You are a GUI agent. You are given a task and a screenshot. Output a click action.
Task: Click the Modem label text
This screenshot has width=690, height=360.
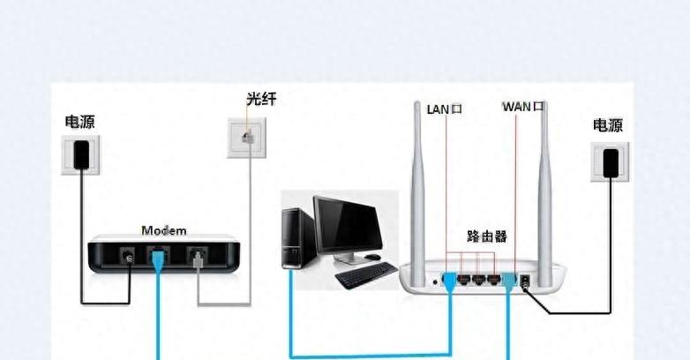(164, 230)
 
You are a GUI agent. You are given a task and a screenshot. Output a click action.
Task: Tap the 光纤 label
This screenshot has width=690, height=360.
(261, 99)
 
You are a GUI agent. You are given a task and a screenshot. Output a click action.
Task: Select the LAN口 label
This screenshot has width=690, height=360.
(445, 109)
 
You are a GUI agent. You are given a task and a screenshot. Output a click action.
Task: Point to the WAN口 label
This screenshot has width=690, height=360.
(523, 107)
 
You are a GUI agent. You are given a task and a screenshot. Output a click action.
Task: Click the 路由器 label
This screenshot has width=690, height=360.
(487, 236)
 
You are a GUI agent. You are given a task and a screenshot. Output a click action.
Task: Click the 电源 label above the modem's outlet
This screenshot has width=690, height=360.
(79, 122)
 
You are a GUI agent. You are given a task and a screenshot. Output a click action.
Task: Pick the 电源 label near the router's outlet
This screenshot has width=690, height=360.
(608, 125)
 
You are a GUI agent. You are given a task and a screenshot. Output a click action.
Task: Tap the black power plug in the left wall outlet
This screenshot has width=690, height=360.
(81, 154)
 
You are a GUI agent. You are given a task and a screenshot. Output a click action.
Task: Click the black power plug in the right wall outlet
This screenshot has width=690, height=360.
(611, 163)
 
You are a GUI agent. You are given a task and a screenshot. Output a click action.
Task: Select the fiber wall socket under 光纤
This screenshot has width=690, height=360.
(247, 138)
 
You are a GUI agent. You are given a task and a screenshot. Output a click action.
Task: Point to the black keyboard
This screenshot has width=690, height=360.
(366, 275)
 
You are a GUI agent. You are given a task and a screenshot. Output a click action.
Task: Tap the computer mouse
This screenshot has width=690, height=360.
(372, 257)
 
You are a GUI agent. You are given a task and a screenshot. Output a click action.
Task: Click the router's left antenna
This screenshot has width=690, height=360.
(417, 193)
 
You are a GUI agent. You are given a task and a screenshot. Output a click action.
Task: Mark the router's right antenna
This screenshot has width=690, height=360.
(544, 193)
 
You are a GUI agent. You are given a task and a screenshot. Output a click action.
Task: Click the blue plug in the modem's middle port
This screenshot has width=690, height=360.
(158, 259)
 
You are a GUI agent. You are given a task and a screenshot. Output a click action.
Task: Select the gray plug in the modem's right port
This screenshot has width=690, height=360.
(198, 259)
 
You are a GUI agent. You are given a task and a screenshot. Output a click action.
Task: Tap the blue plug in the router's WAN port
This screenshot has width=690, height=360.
(509, 281)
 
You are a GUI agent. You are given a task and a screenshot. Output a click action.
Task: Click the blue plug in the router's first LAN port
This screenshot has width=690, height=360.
(449, 281)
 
